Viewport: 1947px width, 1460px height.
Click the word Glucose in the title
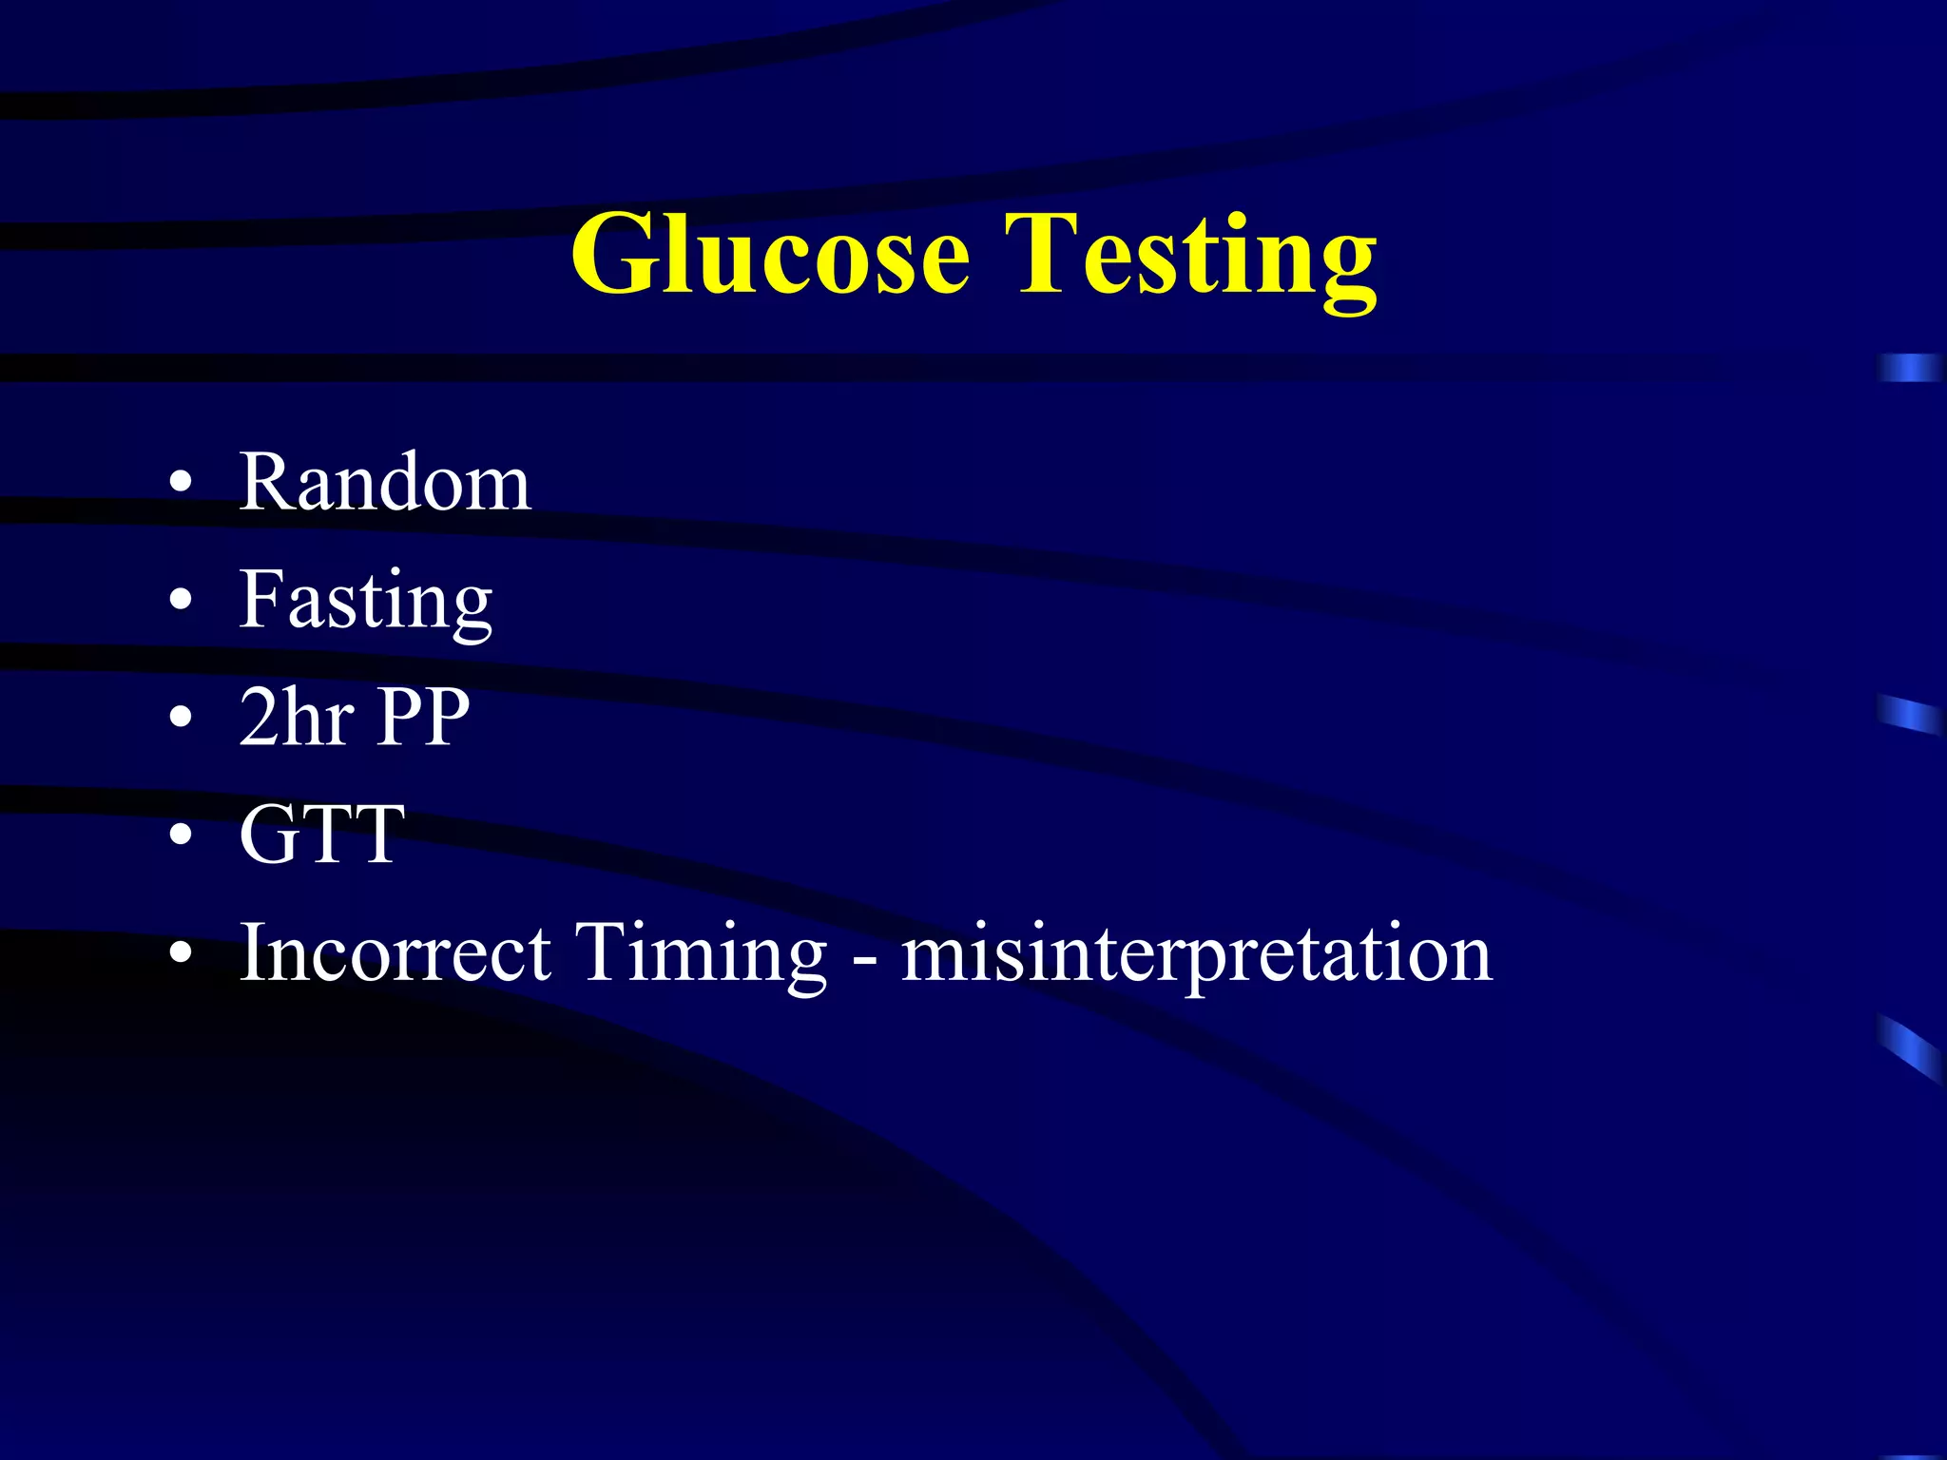pyautogui.click(x=770, y=254)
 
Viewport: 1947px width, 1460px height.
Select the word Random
pyautogui.click(x=384, y=483)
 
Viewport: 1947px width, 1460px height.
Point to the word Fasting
pyautogui.click(x=366, y=601)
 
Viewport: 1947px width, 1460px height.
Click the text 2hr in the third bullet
pyautogui.click(x=297, y=717)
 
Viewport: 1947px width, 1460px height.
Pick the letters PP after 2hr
pyautogui.click(x=423, y=717)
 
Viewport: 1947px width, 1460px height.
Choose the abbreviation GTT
pyautogui.click(x=322, y=835)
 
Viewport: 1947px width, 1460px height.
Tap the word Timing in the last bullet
pyautogui.click(x=702, y=954)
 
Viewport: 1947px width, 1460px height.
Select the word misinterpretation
pyautogui.click(x=1197, y=954)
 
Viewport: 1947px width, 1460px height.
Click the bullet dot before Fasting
pyautogui.click(x=180, y=602)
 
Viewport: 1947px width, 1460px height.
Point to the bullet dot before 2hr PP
pyautogui.click(x=180, y=719)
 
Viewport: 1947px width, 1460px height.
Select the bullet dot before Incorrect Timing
pyautogui.click(x=180, y=953)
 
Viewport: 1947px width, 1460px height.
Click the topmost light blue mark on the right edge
pyautogui.click(x=1910, y=367)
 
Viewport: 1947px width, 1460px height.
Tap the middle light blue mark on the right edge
pyautogui.click(x=1910, y=714)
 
